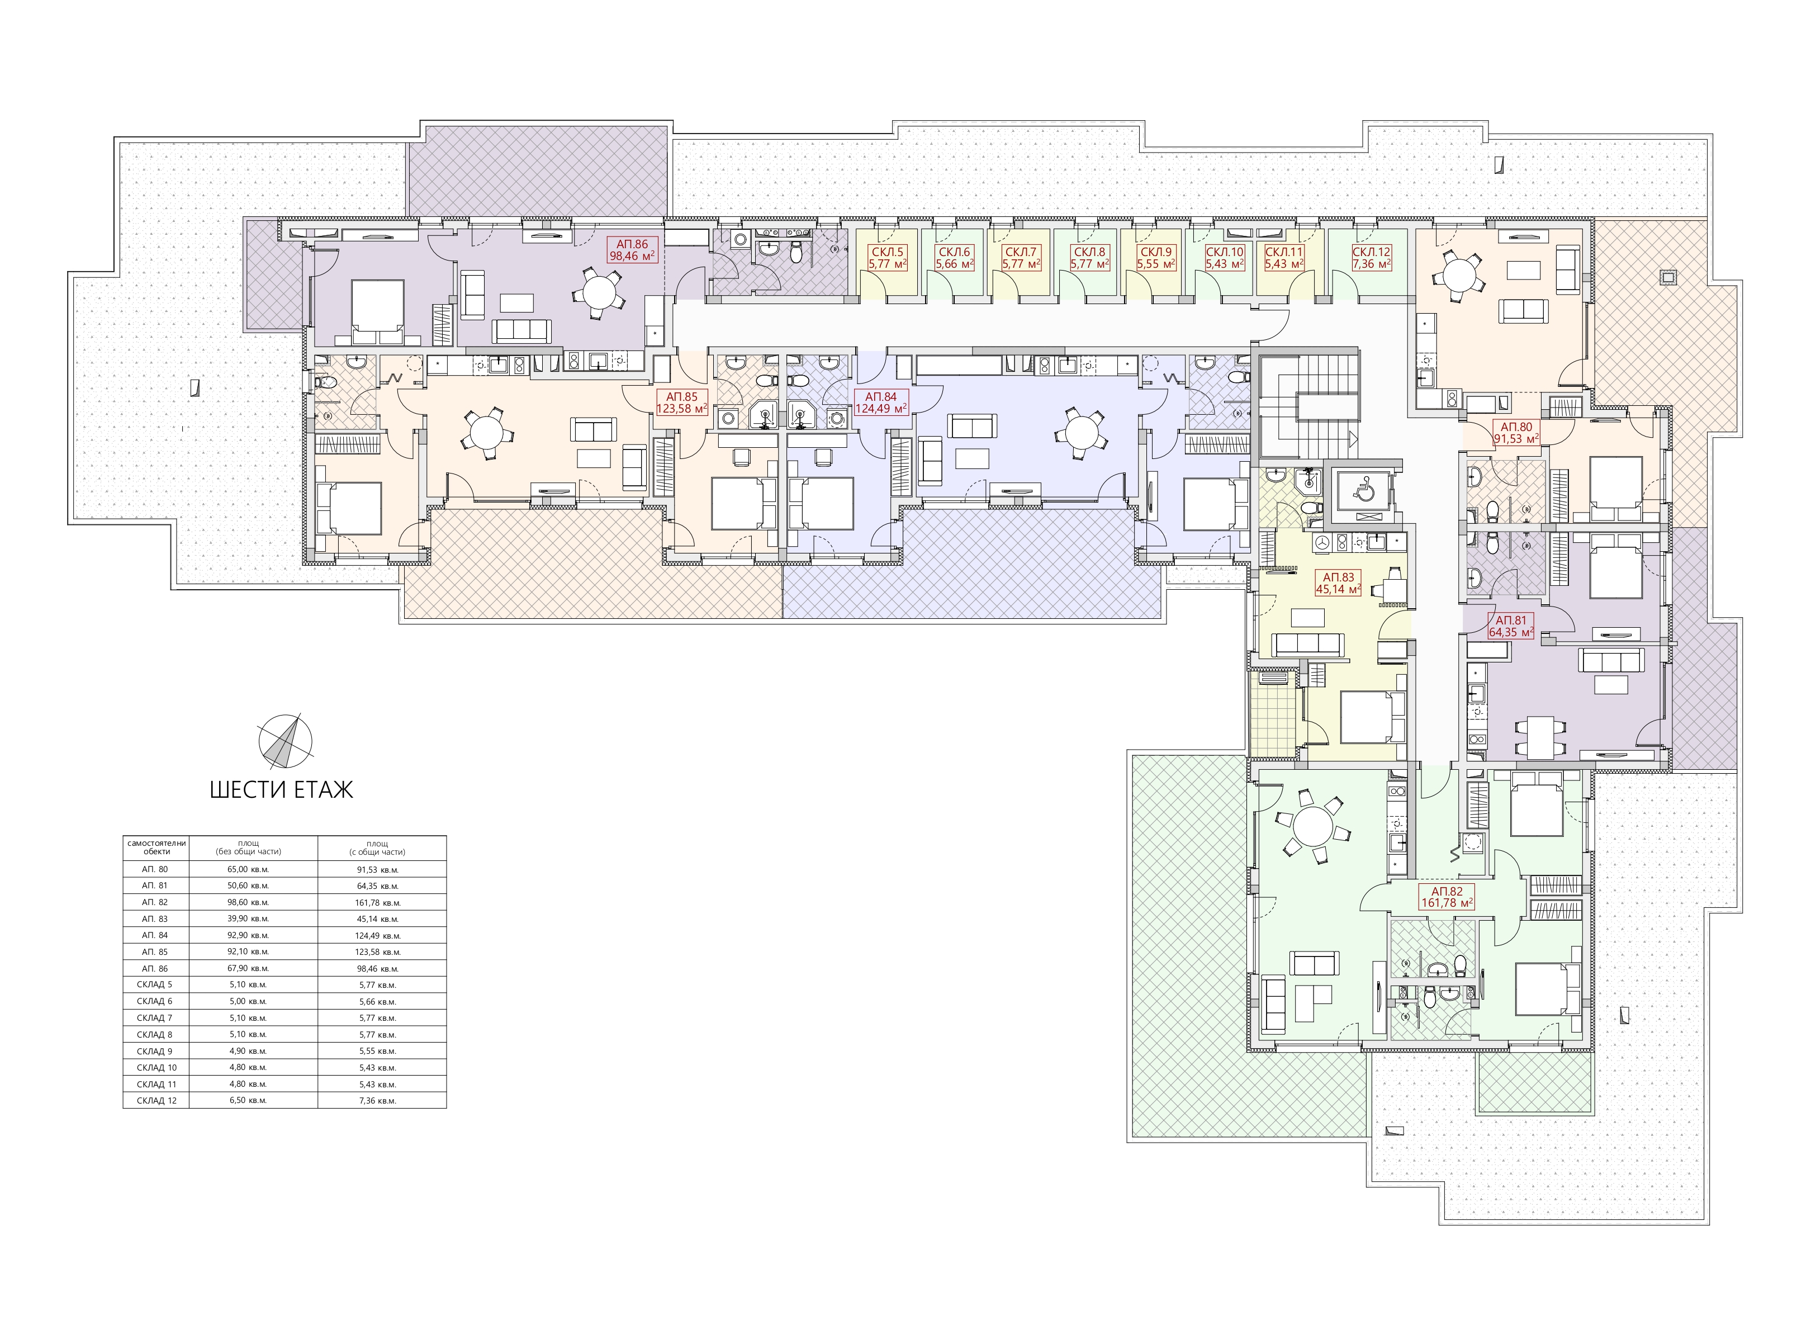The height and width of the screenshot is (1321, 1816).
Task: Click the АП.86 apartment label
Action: click(632, 250)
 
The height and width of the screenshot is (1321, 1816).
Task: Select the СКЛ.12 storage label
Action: click(1371, 257)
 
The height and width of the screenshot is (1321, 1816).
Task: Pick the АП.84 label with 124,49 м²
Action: click(881, 402)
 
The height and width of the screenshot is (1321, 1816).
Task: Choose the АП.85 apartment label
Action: click(681, 402)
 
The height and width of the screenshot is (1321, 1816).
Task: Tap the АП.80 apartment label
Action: click(1516, 432)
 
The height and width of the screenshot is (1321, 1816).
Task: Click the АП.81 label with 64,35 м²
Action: click(1510, 625)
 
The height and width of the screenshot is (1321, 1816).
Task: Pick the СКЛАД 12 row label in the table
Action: click(157, 1100)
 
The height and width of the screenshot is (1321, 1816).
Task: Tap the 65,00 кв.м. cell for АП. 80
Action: click(248, 869)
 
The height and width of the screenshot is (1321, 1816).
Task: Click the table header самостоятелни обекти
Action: click(157, 847)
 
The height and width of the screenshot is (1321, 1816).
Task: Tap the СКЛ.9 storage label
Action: click(1155, 257)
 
